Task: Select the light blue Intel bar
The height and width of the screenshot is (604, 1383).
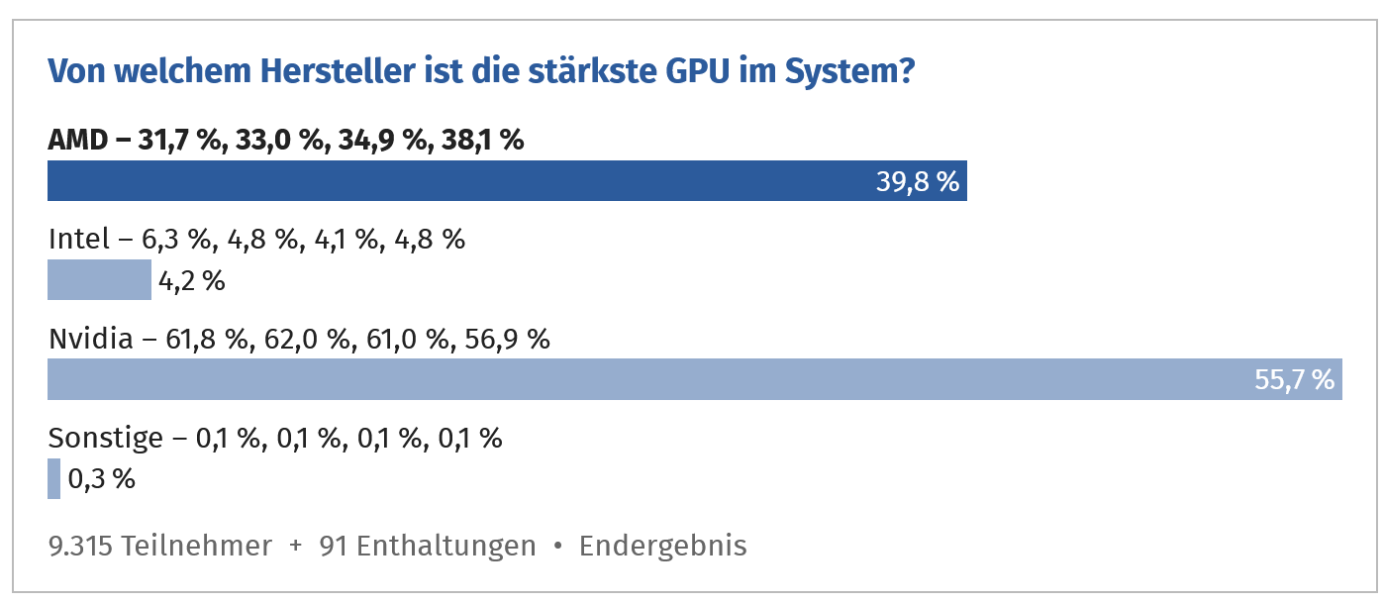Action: pos(99,280)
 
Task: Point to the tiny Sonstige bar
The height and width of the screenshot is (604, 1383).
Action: pos(53,478)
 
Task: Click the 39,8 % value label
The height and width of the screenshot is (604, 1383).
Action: pos(918,182)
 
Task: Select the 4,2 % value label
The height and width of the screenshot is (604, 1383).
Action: pos(192,281)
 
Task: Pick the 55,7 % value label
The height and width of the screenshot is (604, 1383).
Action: pos(1295,380)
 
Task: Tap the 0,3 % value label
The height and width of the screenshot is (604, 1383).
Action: pos(102,479)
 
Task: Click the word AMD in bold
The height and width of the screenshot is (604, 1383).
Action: pos(77,141)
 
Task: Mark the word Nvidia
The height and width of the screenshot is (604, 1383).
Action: pos(90,340)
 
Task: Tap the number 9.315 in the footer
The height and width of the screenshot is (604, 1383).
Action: pos(81,546)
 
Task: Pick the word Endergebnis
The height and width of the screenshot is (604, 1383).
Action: pos(662,546)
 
